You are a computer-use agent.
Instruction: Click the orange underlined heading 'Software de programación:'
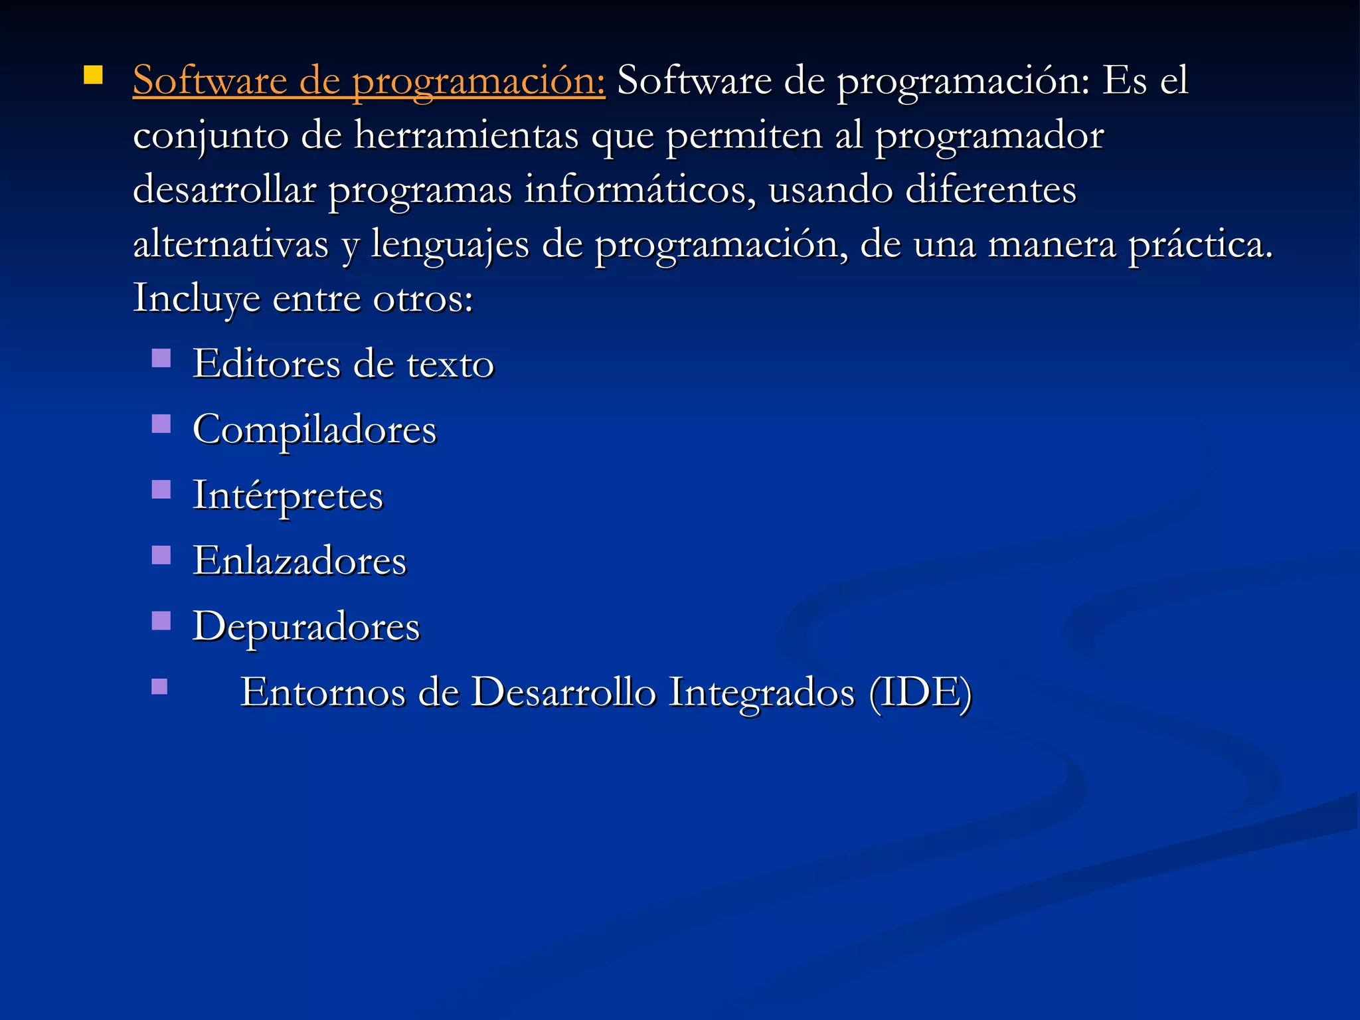[369, 81]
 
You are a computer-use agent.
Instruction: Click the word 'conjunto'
[211, 136]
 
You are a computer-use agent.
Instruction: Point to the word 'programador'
[989, 136]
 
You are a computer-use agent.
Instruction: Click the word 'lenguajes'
[450, 245]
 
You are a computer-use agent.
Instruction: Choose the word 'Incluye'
[197, 298]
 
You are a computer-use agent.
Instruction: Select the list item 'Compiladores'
[314, 430]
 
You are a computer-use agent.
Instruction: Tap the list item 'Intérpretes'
[288, 495]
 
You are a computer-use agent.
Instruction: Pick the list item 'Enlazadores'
[299, 560]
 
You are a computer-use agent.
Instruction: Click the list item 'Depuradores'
[306, 626]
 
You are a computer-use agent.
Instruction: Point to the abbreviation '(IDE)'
[920, 692]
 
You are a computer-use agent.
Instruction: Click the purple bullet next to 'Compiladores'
[161, 424]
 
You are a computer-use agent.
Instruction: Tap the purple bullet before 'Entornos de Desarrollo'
[159, 686]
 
